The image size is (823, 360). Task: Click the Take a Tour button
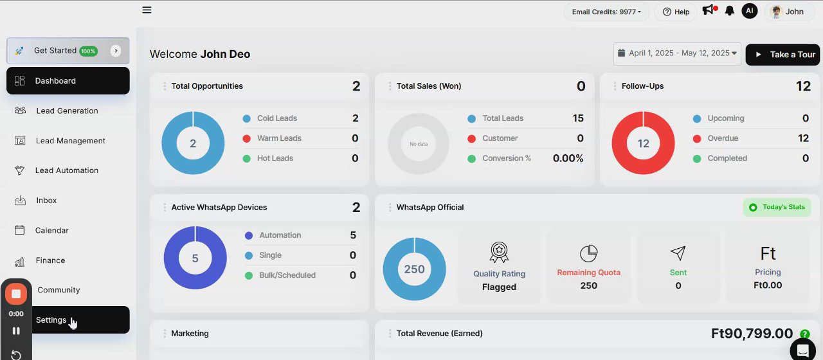pyautogui.click(x=783, y=55)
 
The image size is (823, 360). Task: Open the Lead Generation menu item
pyautogui.click(x=67, y=111)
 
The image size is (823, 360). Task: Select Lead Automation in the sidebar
pyautogui.click(x=66, y=170)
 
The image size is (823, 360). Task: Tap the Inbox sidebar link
pyautogui.click(x=46, y=201)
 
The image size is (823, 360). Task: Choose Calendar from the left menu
pyautogui.click(x=51, y=230)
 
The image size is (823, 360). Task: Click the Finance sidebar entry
pyautogui.click(x=50, y=260)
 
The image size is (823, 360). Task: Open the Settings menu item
pyautogui.click(x=51, y=319)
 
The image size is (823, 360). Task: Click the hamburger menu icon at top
pyautogui.click(x=147, y=10)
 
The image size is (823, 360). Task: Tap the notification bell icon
pyautogui.click(x=730, y=11)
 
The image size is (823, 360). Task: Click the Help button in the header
pyautogui.click(x=676, y=12)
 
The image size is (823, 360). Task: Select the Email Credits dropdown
pyautogui.click(x=607, y=12)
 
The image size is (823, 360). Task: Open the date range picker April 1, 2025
pyautogui.click(x=677, y=53)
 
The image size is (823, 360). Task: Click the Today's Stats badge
pyautogui.click(x=777, y=207)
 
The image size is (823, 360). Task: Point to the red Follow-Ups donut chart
pyautogui.click(x=643, y=143)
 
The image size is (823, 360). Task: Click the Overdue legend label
pyautogui.click(x=723, y=138)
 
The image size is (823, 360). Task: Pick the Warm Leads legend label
pyautogui.click(x=279, y=138)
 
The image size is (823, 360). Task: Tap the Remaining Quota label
pyautogui.click(x=588, y=273)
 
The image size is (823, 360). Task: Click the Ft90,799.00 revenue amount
pyautogui.click(x=752, y=333)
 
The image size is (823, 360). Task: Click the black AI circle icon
pyautogui.click(x=749, y=11)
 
